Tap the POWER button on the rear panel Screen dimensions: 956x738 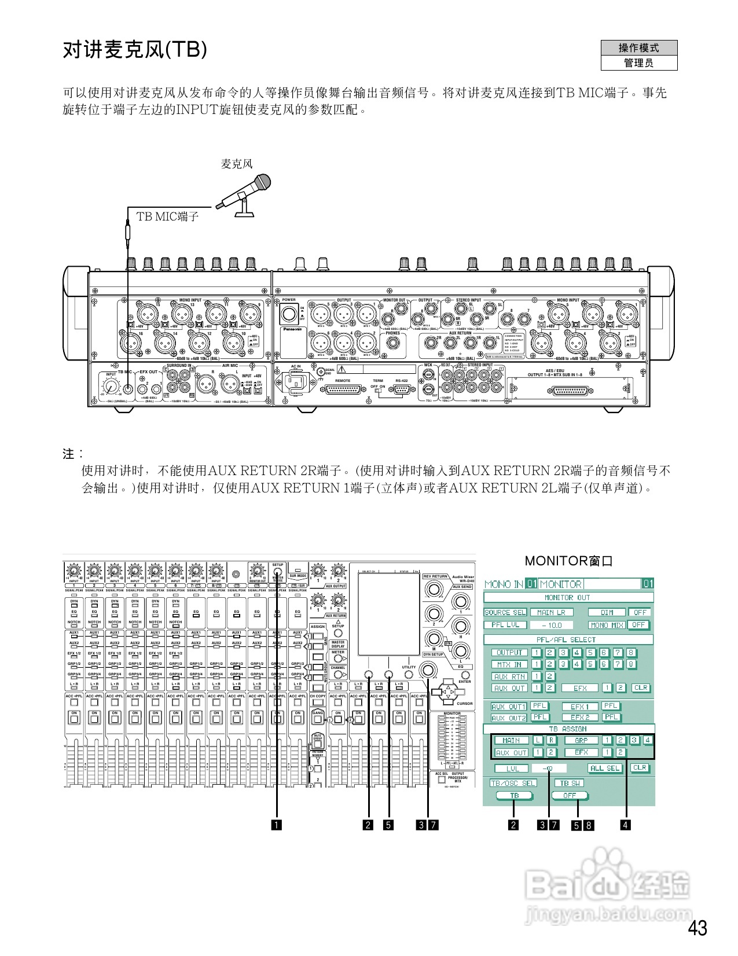coord(288,315)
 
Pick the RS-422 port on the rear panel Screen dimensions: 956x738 coord(402,391)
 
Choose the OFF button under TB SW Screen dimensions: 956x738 coord(570,796)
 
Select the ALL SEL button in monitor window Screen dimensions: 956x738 coord(605,768)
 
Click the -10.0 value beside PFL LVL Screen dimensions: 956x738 coord(552,625)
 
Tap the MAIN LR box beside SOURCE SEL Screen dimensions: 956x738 coord(552,612)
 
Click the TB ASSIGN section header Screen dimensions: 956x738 coord(568,729)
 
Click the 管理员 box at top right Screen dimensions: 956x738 coord(638,63)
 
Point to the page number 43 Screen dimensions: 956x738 coord(697,928)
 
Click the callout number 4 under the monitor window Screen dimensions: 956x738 coord(625,825)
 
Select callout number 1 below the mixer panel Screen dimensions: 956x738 coord(277,825)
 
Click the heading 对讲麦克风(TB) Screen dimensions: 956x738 coord(134,50)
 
